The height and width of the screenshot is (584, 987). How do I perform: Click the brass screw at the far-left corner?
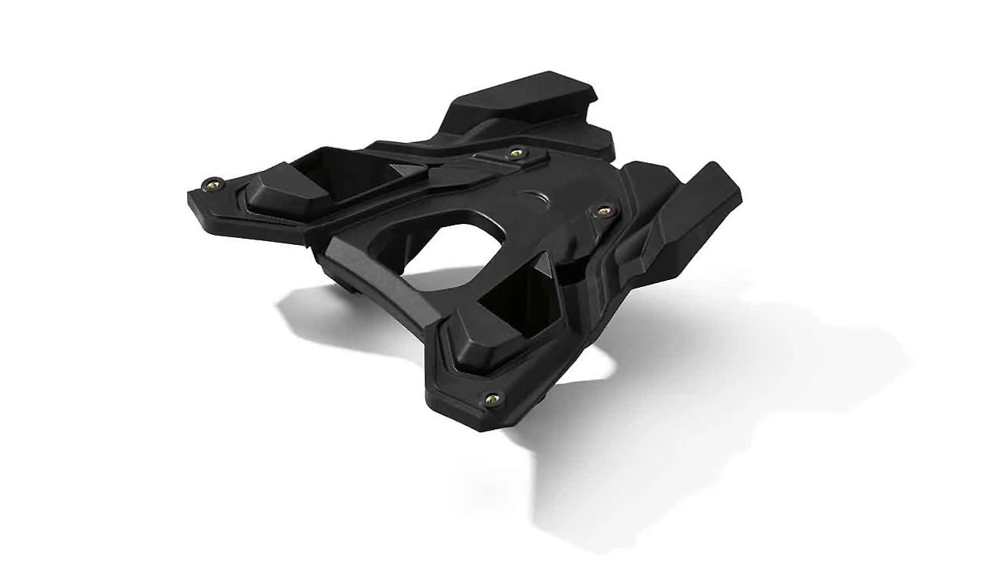[x=213, y=184]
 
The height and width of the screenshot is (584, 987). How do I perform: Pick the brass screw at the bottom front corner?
[x=491, y=399]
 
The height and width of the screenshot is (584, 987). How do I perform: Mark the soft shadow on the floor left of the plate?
[x=326, y=311]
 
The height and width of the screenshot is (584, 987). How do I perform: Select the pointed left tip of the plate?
[x=191, y=199]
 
